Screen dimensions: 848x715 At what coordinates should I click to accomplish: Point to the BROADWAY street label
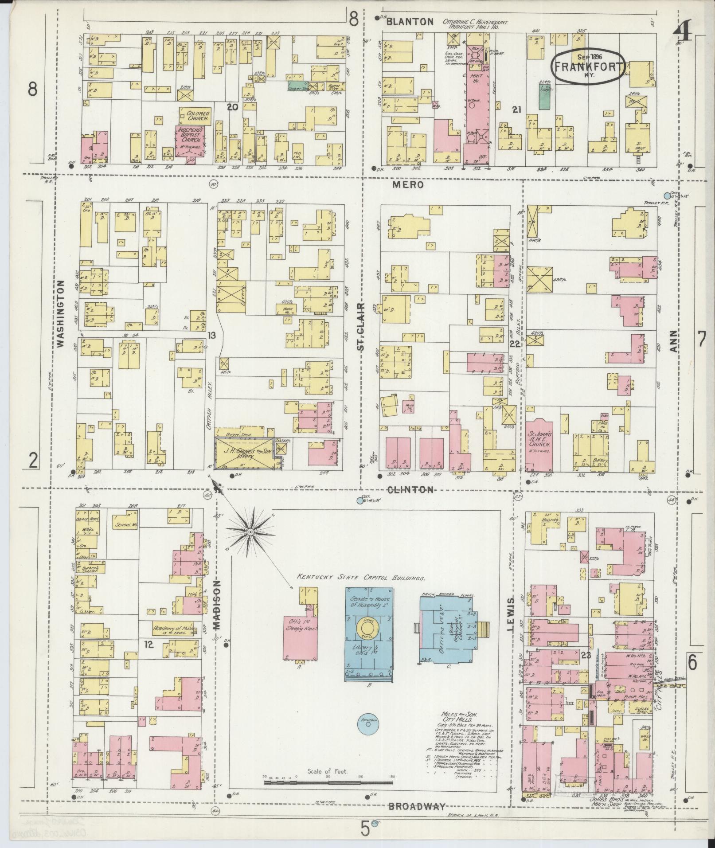(416, 807)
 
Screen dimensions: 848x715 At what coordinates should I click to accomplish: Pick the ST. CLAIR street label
(362, 327)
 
